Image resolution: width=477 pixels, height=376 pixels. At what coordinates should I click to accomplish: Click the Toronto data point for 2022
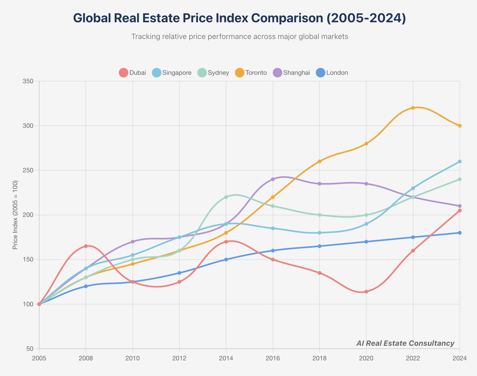(x=413, y=108)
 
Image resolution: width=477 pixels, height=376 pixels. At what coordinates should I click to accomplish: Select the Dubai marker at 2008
(x=86, y=246)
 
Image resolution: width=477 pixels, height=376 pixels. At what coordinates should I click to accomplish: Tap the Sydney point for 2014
(x=226, y=197)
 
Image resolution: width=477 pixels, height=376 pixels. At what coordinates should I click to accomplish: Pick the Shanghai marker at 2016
(x=273, y=179)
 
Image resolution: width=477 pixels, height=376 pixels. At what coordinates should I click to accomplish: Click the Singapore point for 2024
(x=460, y=161)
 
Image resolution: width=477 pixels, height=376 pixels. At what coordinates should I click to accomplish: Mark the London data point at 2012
(x=179, y=273)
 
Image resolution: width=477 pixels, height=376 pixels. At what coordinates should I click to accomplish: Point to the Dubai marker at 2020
(x=366, y=292)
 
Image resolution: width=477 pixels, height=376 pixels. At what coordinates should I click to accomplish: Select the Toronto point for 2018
(x=320, y=161)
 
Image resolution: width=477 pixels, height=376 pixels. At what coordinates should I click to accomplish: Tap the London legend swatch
(x=321, y=73)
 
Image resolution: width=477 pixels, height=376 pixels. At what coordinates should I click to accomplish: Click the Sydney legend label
(x=218, y=73)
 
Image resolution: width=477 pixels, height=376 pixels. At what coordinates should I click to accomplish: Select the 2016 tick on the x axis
(x=273, y=358)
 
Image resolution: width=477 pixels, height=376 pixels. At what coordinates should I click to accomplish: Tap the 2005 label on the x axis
(x=39, y=358)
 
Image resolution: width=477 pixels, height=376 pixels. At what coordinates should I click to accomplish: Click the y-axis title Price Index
(x=15, y=215)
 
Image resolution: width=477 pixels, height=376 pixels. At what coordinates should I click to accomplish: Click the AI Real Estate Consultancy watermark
(x=405, y=343)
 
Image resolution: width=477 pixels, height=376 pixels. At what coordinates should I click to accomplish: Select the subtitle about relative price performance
(x=240, y=37)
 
